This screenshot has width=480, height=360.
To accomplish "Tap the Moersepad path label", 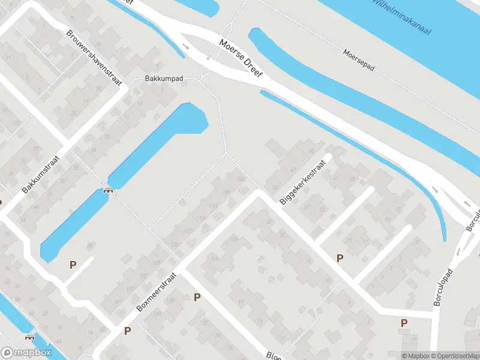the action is pos(359,60).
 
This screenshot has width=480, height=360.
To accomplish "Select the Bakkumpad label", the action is pos(163,79).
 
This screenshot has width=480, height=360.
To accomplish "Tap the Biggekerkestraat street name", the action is pos(305,182).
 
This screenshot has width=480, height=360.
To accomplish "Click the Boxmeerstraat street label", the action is pos(158,289).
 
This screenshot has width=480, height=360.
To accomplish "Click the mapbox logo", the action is pos(26,353).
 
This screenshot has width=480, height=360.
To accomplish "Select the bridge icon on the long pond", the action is pos(108,190).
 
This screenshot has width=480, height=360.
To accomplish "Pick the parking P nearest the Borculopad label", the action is pos(404,323).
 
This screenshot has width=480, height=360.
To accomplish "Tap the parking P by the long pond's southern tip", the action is pos(73,264).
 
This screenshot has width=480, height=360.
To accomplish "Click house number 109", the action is pos(227,193).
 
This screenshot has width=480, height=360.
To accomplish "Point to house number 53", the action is pos(275,188).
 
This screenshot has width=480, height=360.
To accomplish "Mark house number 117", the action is pos(200,219).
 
